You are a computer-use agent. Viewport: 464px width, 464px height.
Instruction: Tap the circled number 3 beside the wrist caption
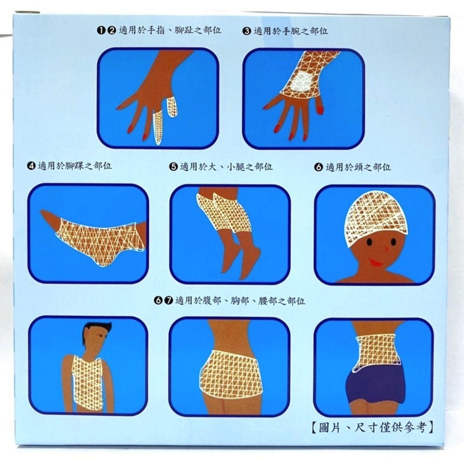point(246,31)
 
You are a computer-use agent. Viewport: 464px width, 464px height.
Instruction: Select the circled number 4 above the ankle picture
point(31,166)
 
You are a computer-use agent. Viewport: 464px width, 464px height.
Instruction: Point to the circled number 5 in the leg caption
point(174,167)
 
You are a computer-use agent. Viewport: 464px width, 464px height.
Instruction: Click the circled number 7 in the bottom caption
point(168,301)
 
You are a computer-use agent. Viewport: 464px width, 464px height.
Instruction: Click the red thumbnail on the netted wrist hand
point(320,109)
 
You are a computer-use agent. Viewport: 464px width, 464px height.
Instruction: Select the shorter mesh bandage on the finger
point(172,107)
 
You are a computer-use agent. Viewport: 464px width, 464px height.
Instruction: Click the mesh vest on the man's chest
point(87,383)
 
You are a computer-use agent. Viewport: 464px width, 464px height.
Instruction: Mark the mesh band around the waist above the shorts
point(377,351)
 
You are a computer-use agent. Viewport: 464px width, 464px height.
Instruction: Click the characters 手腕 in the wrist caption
point(291,31)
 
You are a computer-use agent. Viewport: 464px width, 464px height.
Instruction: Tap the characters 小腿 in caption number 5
point(236,167)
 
